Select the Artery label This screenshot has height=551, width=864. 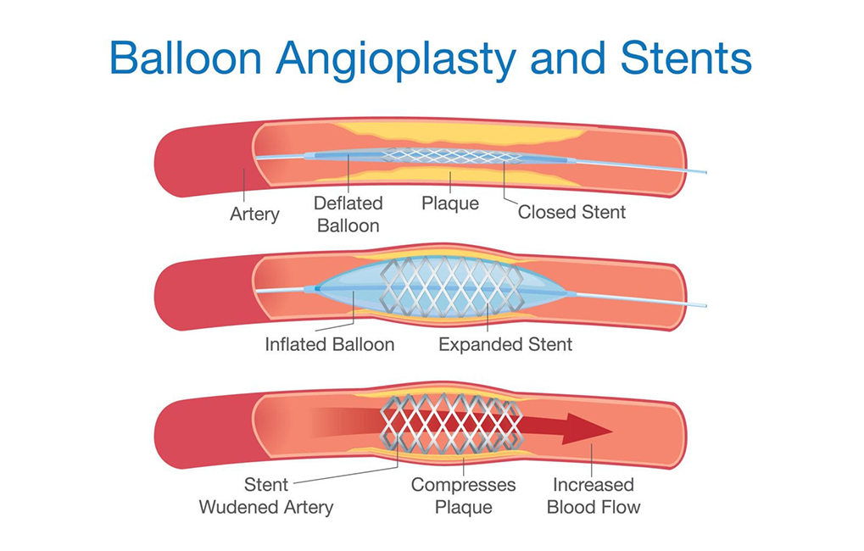click(254, 214)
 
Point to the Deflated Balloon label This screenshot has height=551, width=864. click(348, 214)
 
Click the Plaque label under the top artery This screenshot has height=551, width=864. click(450, 203)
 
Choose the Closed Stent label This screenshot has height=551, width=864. click(571, 212)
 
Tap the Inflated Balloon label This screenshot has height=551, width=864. click(330, 344)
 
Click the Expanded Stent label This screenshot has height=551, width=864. click(505, 344)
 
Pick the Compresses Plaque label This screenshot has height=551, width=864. click(463, 496)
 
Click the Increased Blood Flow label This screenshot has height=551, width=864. click(593, 496)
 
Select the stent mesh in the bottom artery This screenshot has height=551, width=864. click(449, 422)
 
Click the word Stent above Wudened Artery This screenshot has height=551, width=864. click(266, 485)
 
